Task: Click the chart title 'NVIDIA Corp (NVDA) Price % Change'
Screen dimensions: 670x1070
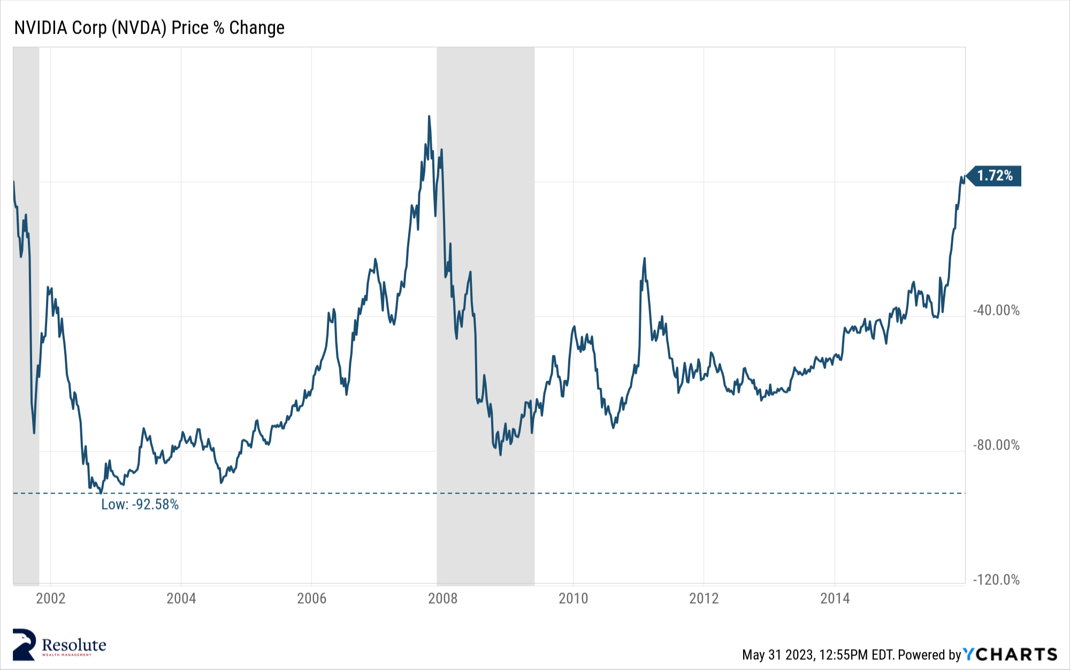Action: [149, 28]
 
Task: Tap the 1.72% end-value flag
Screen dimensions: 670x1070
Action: [995, 176]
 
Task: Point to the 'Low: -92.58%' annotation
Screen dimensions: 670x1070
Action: [140, 505]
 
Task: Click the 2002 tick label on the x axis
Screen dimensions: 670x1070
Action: [51, 598]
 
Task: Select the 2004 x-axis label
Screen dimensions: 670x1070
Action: [181, 598]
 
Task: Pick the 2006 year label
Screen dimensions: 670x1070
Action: [312, 598]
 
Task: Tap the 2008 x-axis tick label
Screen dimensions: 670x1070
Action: [442, 598]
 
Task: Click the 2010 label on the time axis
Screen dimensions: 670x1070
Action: [573, 598]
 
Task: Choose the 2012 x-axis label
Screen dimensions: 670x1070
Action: [704, 598]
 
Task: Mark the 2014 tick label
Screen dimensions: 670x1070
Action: [835, 598]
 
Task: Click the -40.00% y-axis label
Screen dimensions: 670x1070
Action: [996, 311]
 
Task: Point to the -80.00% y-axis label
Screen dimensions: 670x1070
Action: [996, 445]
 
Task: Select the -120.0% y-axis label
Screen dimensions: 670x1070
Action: [996, 580]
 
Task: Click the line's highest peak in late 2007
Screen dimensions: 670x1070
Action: [429, 117]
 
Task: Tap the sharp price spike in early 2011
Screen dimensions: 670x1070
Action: [644, 259]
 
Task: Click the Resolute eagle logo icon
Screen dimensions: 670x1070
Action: [25, 644]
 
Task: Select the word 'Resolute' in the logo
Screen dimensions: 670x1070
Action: [74, 644]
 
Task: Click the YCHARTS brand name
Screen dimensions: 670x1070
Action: [1010, 654]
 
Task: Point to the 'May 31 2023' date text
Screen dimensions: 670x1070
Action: [778, 655]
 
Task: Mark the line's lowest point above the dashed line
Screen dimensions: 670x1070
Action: [101, 492]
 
